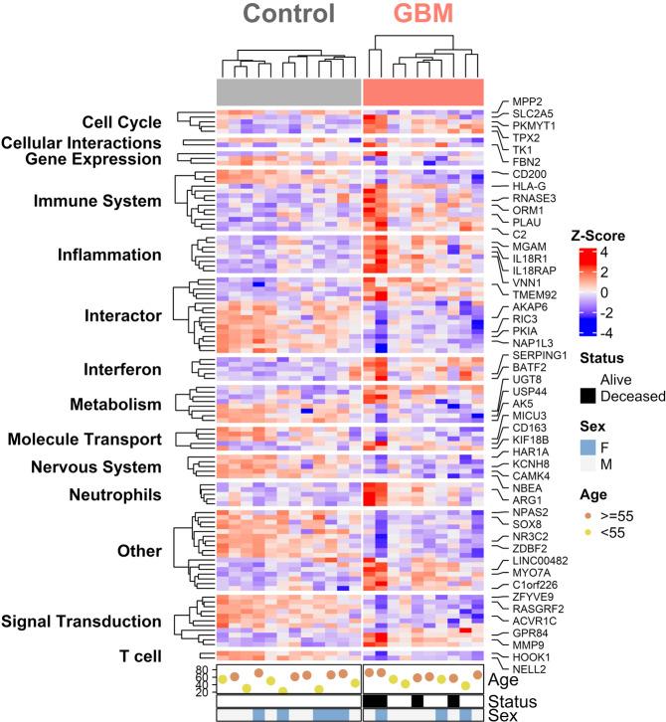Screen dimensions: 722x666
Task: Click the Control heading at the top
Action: [x=286, y=16]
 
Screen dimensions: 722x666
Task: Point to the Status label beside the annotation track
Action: [x=510, y=700]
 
